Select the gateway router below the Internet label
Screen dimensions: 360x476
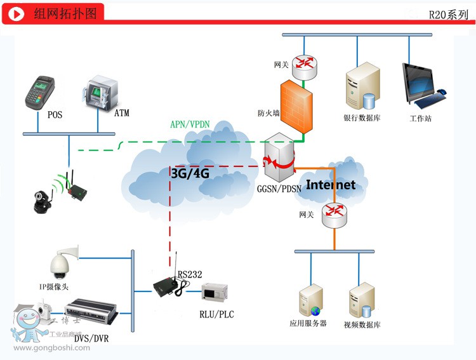[x=334, y=216]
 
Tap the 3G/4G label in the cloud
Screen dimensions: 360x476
[x=190, y=172]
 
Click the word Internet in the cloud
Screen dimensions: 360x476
[x=331, y=185]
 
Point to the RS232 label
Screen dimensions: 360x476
[x=190, y=274]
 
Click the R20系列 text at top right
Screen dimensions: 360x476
[x=448, y=15]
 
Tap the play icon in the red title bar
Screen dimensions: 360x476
[x=18, y=14]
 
